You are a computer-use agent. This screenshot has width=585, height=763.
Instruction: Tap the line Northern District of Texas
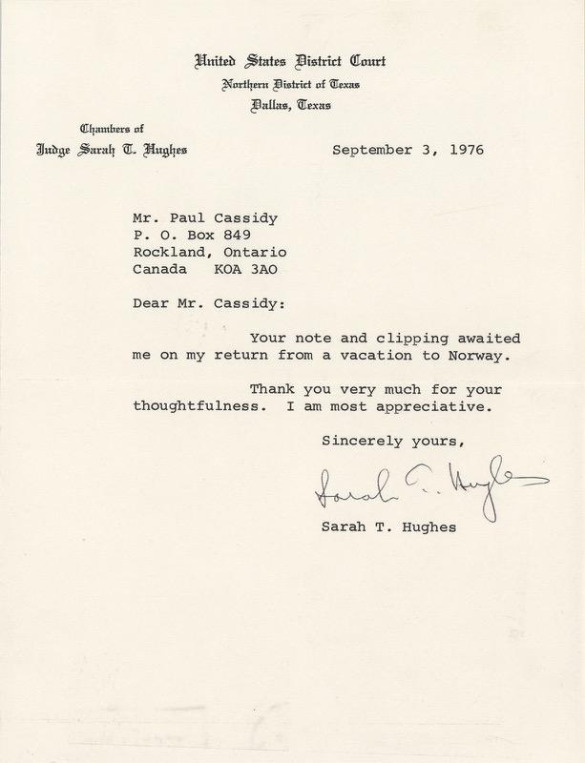[x=289, y=86]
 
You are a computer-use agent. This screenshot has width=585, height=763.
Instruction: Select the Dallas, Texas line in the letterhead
[x=289, y=106]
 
